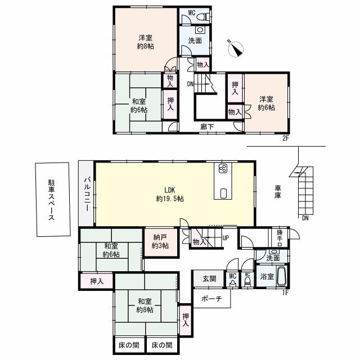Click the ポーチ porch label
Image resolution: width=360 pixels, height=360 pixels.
[211, 299]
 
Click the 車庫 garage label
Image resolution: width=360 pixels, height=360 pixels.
[278, 191]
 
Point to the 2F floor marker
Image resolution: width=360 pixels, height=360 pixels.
[286, 137]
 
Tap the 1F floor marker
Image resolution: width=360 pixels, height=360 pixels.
[286, 292]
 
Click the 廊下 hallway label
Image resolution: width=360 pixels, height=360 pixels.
[206, 127]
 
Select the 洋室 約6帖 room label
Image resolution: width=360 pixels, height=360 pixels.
[267, 103]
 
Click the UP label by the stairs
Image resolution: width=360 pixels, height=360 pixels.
[226, 237]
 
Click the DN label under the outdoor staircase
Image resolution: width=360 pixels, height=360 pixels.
[305, 218]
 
